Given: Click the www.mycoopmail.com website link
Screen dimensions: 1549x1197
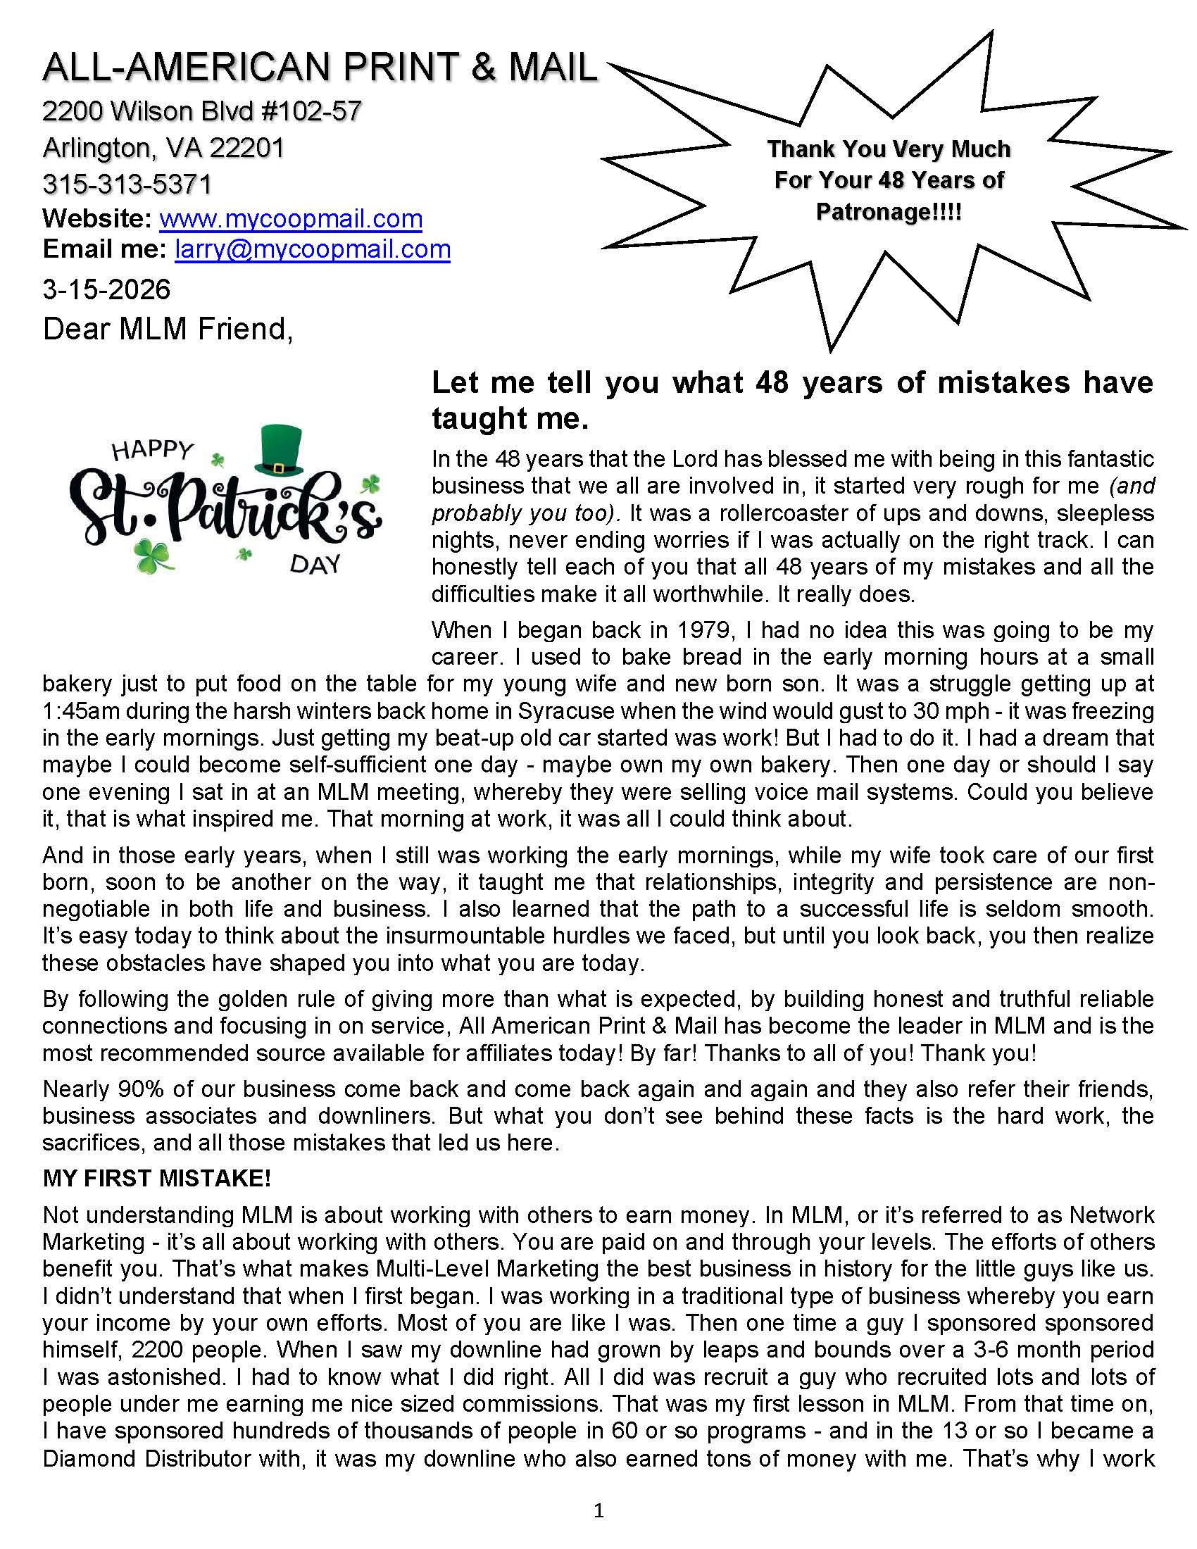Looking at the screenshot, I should click(291, 218).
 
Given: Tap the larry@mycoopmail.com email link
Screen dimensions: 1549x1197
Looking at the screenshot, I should click(312, 249).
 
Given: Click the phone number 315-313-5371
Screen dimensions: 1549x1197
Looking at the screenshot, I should click(127, 184).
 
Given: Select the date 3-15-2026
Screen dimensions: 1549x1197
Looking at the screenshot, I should click(106, 289).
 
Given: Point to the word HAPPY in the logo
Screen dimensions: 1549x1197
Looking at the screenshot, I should click(153, 452).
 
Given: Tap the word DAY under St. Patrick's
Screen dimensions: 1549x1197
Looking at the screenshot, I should click(315, 565).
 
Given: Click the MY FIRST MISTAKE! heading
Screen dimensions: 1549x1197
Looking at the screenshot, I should click(157, 1178).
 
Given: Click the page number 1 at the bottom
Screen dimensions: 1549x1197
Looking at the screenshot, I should click(598, 1511).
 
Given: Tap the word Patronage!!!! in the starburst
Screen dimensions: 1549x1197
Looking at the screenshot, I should click(889, 211).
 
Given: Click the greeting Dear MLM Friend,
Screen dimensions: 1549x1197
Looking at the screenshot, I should click(168, 329).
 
